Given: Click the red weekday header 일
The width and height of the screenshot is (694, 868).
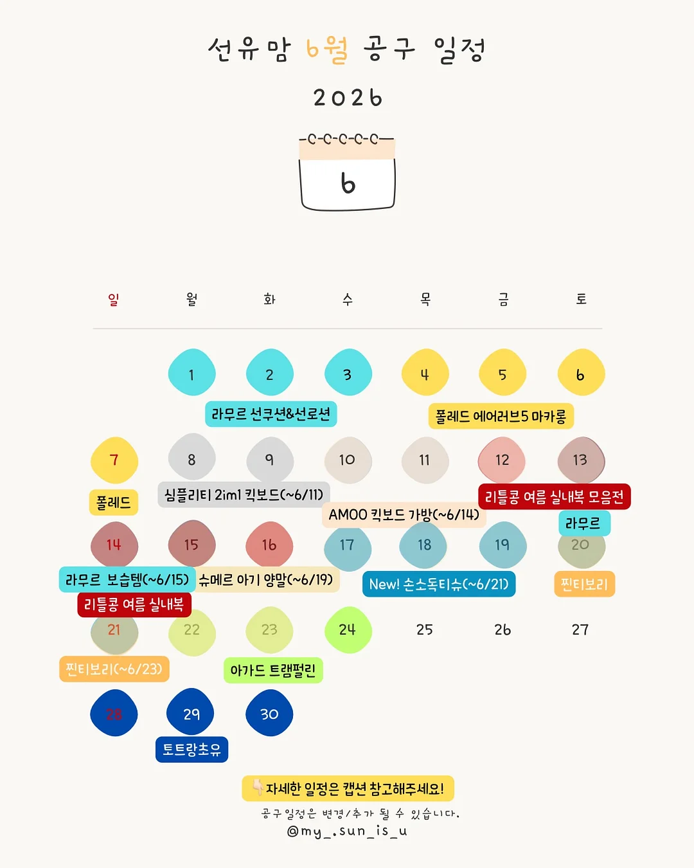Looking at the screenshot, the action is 113,299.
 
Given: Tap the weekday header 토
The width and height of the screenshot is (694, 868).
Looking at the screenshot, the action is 581,299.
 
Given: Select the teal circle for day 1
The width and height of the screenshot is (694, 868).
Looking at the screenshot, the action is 191,372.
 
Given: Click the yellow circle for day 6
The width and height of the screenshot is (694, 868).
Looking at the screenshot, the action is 581,372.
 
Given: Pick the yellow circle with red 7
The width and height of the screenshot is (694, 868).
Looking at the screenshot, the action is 114,460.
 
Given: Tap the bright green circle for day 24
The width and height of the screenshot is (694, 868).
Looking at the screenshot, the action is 348,630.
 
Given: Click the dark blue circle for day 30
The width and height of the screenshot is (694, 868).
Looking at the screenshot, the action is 269,712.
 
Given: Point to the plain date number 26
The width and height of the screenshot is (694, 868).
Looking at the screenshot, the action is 503,629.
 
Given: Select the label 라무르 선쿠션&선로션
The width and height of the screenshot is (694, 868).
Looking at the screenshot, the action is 271,414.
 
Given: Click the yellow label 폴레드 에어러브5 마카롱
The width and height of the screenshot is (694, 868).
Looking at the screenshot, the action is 501,416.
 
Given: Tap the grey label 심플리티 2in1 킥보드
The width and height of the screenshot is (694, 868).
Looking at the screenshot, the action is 244,494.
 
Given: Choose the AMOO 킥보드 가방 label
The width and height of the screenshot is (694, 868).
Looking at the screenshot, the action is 404,514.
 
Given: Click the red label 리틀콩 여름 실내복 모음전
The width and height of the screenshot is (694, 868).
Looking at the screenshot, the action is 555,496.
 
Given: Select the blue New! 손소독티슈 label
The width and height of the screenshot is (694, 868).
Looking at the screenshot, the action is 439,584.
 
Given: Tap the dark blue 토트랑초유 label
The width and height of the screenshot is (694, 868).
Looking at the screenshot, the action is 191,750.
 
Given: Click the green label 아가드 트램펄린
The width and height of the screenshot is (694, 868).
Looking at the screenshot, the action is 273,671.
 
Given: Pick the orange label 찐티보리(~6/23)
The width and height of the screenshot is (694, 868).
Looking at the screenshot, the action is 114,669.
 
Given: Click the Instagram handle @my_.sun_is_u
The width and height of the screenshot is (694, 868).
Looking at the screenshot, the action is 347,831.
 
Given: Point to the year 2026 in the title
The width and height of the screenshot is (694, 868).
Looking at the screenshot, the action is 348,98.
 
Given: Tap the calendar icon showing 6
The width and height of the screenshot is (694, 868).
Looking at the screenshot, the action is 347,172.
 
